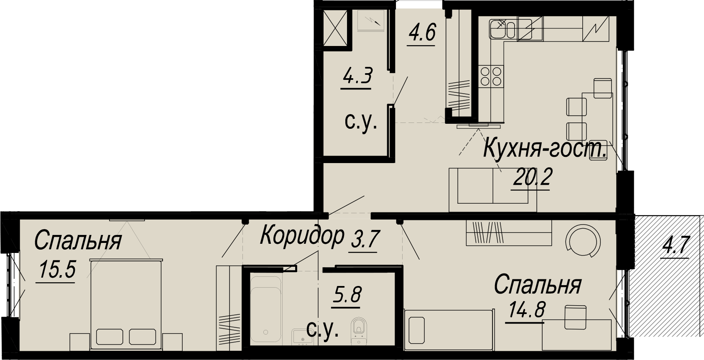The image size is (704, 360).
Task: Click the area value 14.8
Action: tap(526, 310)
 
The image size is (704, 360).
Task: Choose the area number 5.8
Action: tap(347, 295)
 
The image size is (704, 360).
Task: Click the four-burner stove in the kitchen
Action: tap(491, 77)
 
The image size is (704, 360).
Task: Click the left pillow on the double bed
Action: tap(110, 337)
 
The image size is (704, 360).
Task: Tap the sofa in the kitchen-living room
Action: tap(493, 189)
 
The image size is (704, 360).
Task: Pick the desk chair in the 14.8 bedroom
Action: tap(576, 317)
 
